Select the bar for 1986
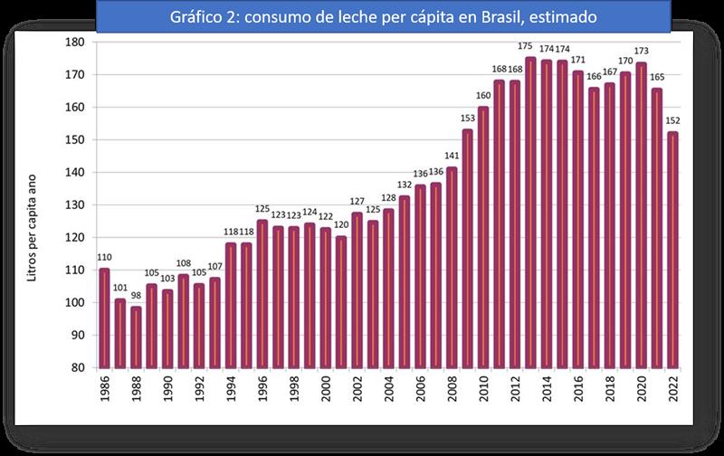click(x=104, y=317)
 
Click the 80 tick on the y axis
click(x=77, y=367)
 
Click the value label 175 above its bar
click(x=530, y=46)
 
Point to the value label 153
click(x=467, y=119)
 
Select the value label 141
click(x=451, y=157)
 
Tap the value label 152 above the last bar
click(x=672, y=121)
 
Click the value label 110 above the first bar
click(x=104, y=258)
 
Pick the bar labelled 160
click(x=483, y=237)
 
